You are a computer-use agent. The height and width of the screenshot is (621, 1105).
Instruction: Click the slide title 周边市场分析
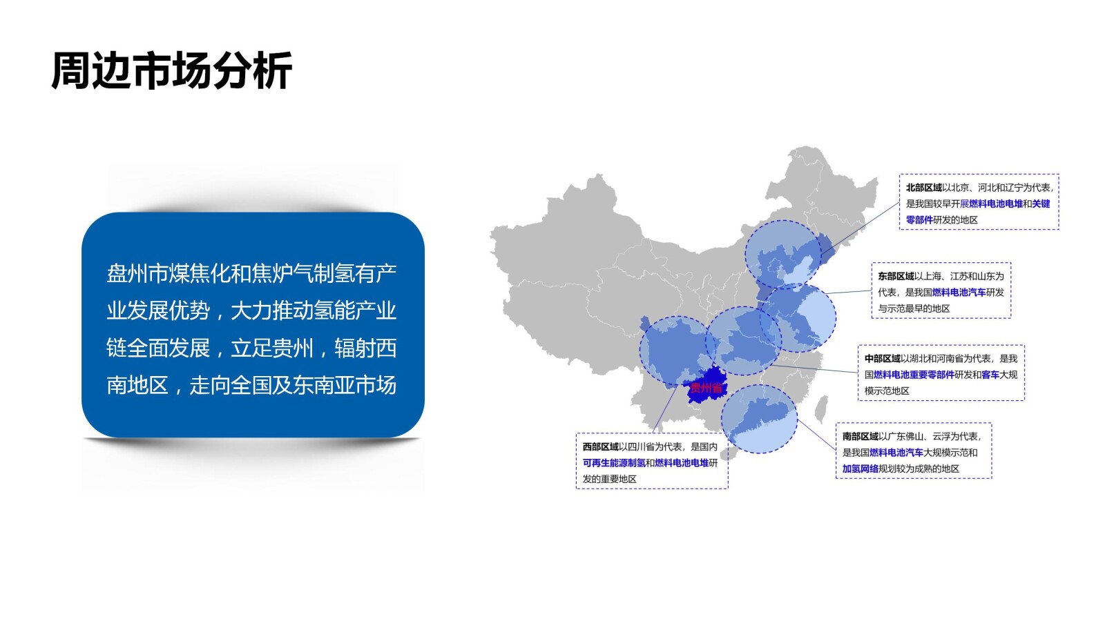(171, 70)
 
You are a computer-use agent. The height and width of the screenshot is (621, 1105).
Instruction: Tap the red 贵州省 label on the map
(706, 388)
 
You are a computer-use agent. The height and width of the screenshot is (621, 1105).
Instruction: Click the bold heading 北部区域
(923, 188)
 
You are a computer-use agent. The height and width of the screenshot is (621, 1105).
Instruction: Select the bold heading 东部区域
(896, 276)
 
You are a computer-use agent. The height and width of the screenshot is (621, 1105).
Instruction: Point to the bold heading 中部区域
(882, 359)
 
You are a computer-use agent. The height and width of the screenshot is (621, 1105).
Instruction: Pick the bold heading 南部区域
(860, 437)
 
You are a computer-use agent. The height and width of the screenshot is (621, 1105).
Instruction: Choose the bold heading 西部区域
(600, 447)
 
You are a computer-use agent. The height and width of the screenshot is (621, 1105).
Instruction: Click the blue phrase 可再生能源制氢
(614, 463)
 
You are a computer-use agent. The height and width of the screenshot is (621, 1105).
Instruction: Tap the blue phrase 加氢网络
(860, 469)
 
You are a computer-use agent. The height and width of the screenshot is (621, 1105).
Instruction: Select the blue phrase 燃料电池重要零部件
(914, 375)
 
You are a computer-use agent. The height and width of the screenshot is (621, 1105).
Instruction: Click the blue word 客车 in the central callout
(990, 375)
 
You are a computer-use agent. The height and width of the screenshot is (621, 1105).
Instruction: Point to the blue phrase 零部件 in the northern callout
(919, 220)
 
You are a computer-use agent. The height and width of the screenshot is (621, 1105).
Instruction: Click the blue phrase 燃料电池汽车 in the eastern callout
(959, 293)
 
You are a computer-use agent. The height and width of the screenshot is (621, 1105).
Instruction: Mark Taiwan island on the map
(821, 409)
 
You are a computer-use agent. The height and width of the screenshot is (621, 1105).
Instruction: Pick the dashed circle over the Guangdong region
(759, 419)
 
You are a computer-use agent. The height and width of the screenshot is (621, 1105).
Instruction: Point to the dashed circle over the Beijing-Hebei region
(782, 254)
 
